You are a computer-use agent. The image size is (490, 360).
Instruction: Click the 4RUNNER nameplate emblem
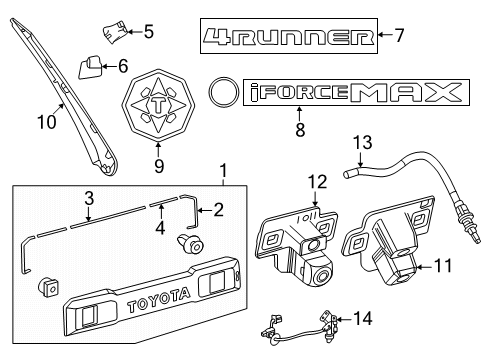288,37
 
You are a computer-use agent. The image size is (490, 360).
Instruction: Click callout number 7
399,36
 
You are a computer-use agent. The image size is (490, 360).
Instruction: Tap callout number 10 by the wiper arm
42,123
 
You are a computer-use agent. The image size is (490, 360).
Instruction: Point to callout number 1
223,171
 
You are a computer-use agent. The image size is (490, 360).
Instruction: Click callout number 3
88,198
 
